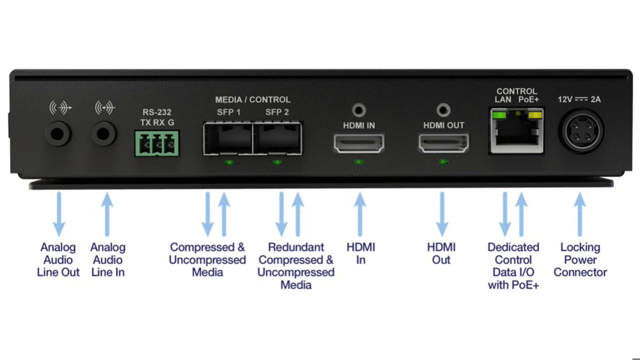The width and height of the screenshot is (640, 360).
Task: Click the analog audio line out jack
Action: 59,135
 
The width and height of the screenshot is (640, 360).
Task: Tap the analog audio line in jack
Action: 104,135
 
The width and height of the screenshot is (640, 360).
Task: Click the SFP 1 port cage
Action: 229,142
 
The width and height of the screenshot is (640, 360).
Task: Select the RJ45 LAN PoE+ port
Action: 515,135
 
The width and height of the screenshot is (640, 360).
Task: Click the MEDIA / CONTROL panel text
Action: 253,100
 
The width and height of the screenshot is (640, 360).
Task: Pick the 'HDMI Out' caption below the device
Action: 442,254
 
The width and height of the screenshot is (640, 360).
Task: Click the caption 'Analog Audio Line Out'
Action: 59,260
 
